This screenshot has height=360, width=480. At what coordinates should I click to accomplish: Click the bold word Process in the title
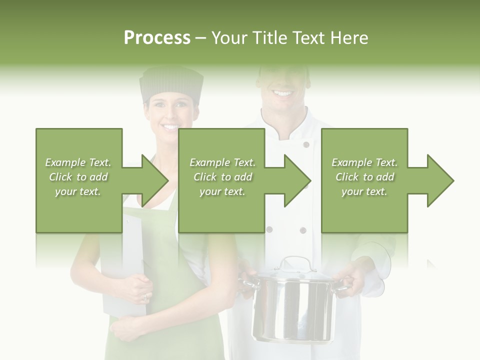157,37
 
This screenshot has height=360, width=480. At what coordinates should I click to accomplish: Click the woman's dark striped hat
171,84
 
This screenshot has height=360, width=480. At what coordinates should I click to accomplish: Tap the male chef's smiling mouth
282,93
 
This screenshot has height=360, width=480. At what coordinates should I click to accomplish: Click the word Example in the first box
65,162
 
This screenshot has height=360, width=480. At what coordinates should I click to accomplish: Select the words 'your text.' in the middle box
221,191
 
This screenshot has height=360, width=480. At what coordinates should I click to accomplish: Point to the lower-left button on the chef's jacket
269,229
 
